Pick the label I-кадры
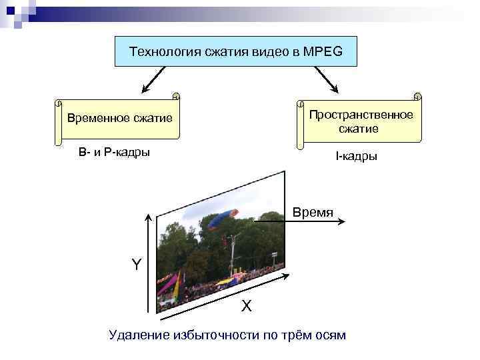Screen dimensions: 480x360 pyautogui.click(x=356, y=157)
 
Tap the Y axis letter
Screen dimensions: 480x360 pyautogui.click(x=136, y=265)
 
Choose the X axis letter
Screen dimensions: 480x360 pyautogui.click(x=246, y=306)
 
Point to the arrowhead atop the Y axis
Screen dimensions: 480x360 pyautogui.click(x=149, y=218)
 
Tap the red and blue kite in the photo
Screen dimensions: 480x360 pyautogui.click(x=222, y=217)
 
